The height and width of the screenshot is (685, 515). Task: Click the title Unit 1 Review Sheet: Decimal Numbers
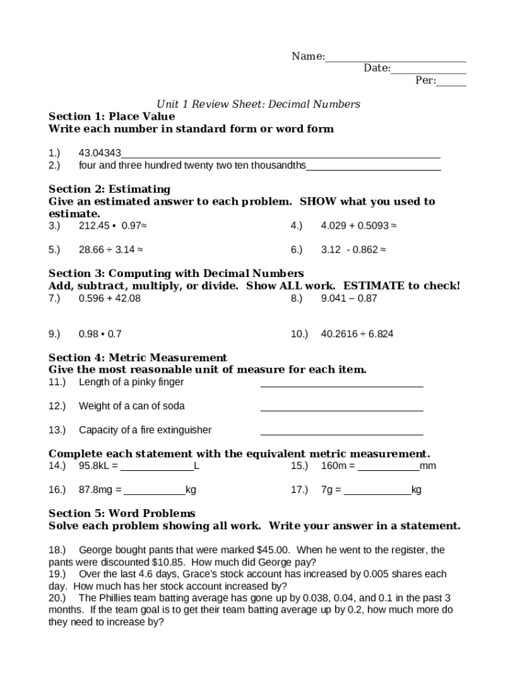pyautogui.click(x=258, y=104)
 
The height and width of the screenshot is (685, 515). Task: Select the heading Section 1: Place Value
pyautogui.click(x=112, y=116)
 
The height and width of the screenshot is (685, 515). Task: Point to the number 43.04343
pyautogui.click(x=100, y=153)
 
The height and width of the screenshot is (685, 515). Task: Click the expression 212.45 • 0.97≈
pyautogui.click(x=112, y=226)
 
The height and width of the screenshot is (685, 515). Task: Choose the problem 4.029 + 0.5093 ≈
pyautogui.click(x=358, y=226)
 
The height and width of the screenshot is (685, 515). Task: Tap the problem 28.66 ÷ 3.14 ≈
pyautogui.click(x=110, y=250)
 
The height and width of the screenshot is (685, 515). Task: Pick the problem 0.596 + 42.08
pyautogui.click(x=110, y=298)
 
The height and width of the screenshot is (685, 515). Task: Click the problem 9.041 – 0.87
pyautogui.click(x=349, y=298)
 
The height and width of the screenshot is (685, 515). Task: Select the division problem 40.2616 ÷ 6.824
pyautogui.click(x=357, y=334)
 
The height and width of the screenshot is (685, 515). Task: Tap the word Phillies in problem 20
pyautogui.click(x=118, y=598)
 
